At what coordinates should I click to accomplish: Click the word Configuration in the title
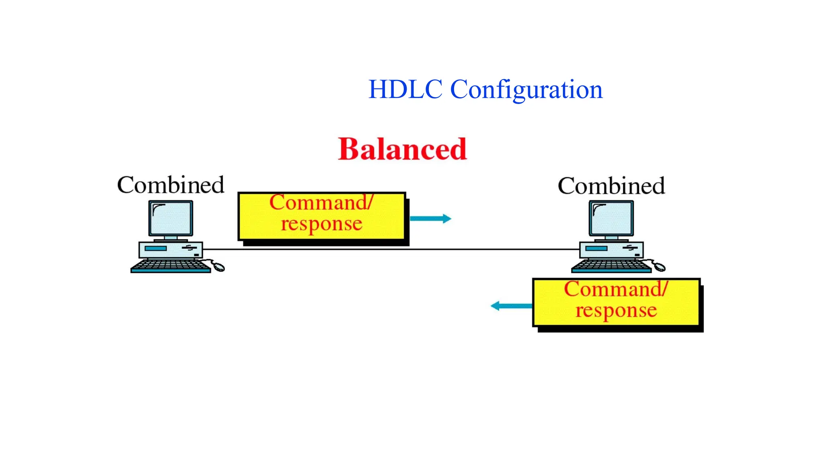click(x=526, y=90)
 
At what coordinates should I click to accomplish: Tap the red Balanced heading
click(x=402, y=149)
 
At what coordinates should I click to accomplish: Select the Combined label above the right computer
click(x=611, y=186)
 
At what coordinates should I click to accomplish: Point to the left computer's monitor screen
click(x=171, y=218)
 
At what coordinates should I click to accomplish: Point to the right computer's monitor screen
click(x=611, y=218)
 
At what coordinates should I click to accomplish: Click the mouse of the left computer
click(x=219, y=266)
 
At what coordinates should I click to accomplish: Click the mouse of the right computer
click(x=659, y=266)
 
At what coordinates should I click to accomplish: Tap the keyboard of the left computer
click(x=170, y=266)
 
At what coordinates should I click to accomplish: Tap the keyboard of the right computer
click(x=611, y=266)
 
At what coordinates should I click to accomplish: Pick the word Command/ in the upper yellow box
click(x=321, y=202)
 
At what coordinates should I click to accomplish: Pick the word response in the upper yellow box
click(x=321, y=223)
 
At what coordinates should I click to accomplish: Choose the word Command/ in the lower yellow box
click(x=616, y=289)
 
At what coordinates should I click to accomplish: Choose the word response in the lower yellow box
click(x=616, y=310)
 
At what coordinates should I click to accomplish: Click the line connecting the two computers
click(x=390, y=249)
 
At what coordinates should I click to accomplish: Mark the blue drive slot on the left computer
click(x=156, y=248)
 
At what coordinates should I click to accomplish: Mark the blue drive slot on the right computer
click(x=596, y=248)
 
